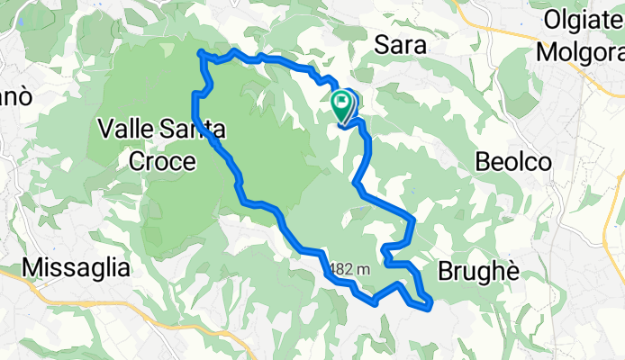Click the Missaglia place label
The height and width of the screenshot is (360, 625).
[77, 267]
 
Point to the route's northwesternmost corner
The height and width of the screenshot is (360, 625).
[200, 54]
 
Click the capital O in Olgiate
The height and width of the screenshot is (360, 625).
[552, 20]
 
